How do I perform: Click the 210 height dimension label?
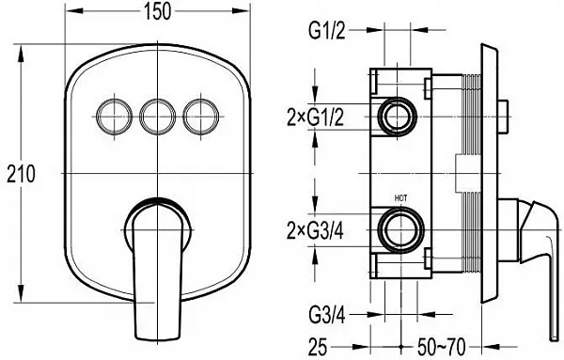pyautogui.click(x=22, y=174)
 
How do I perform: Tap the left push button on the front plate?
pyautogui.click(x=115, y=117)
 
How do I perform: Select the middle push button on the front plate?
pyautogui.click(x=158, y=117)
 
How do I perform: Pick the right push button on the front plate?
pyautogui.click(x=201, y=117)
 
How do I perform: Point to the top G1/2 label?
pyautogui.click(x=327, y=31)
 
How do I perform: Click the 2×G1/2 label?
pyautogui.click(x=316, y=117)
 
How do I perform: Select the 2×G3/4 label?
pyautogui.click(x=316, y=230)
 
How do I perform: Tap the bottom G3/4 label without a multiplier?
pyautogui.click(x=327, y=316)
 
